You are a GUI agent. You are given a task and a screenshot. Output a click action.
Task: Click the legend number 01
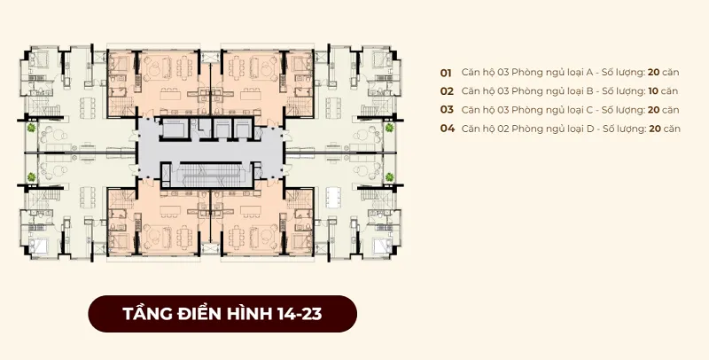pyautogui.click(x=446, y=73)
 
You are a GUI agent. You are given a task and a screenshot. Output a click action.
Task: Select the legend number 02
pyautogui.click(x=447, y=91)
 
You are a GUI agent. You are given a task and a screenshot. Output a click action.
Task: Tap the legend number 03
pyautogui.click(x=447, y=110)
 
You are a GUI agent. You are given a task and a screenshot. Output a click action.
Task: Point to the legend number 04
pyautogui.click(x=448, y=129)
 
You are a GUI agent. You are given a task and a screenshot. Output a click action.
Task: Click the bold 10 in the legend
pyautogui.click(x=653, y=91)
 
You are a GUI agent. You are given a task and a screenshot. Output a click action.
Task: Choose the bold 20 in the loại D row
pyautogui.click(x=655, y=129)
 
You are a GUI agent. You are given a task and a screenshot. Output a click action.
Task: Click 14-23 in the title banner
pyautogui.click(x=300, y=314)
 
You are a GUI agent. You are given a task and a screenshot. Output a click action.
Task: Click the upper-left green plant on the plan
pyautogui.click(x=31, y=128)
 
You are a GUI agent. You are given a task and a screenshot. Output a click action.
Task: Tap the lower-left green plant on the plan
pyautogui.click(x=31, y=176)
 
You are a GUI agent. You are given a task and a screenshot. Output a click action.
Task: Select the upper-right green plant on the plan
pyautogui.click(x=389, y=128)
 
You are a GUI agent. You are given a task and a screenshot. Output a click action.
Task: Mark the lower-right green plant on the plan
pyautogui.click(x=389, y=176)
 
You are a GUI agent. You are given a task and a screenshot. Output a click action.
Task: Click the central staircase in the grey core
pyautogui.click(x=209, y=175)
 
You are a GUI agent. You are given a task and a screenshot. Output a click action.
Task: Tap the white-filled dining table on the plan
pyautogui.click(x=334, y=198)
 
